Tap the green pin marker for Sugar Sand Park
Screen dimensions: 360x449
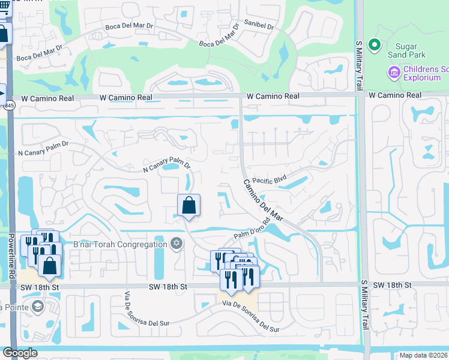(x=375, y=45)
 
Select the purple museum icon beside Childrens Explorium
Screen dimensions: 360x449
(x=394, y=73)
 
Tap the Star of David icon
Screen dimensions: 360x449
(x=176, y=244)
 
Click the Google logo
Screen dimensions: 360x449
(x=20, y=353)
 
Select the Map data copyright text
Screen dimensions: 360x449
(x=423, y=355)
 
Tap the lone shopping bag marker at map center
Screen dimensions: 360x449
(x=188, y=206)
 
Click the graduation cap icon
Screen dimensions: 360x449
(x=38, y=307)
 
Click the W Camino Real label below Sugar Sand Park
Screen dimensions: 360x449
(x=395, y=95)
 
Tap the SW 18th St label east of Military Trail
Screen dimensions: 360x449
(x=391, y=285)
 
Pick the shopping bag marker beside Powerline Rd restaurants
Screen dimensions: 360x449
(x=50, y=265)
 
